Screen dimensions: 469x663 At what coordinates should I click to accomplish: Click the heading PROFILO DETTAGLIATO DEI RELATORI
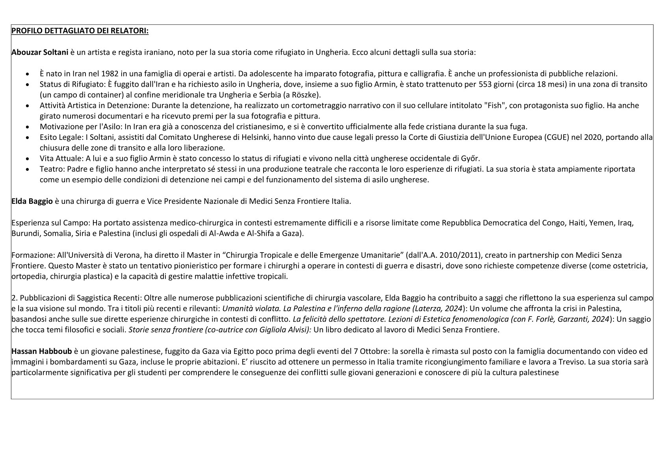tap(80, 31)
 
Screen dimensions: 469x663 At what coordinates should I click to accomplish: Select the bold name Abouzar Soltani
tap(35, 52)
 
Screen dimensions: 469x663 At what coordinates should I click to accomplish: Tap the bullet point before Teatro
tap(27, 169)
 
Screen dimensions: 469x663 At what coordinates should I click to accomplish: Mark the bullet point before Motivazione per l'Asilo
tap(27, 127)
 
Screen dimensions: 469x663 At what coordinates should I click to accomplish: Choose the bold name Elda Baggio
tap(32, 201)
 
